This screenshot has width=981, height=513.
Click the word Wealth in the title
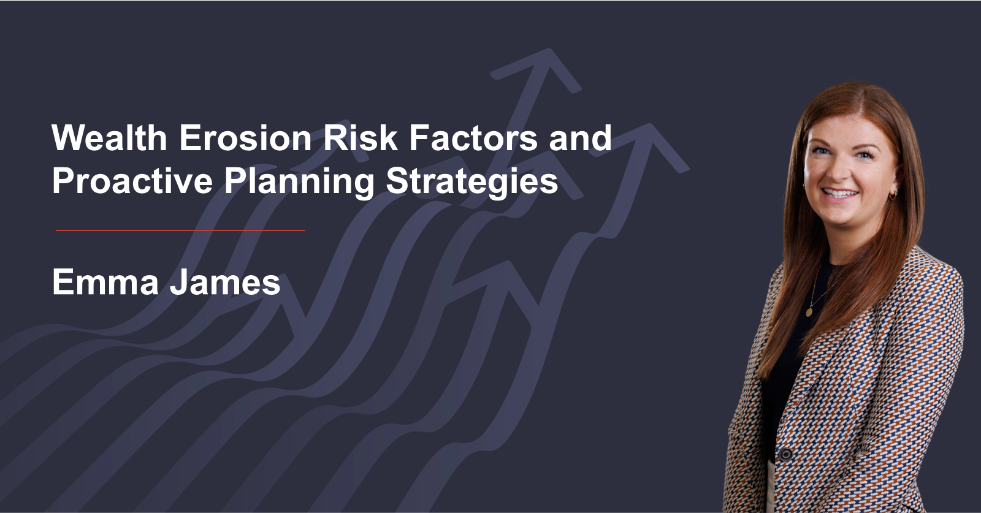coord(110,137)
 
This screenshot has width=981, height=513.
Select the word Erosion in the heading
coord(245,137)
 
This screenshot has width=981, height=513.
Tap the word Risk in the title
coord(360,137)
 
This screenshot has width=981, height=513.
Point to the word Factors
coord(473,137)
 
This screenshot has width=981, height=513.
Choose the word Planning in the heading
coord(300,183)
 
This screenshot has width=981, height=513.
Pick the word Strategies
coord(472,183)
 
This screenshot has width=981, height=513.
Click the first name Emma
coord(105,282)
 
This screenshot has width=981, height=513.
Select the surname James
coord(225,282)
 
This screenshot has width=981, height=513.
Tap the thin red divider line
coord(180,230)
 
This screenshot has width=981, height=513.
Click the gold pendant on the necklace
coord(809,312)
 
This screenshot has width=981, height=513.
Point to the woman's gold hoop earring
coord(892,195)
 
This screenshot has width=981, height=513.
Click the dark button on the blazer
coord(785,454)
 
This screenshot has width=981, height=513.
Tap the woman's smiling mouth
coord(839,193)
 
